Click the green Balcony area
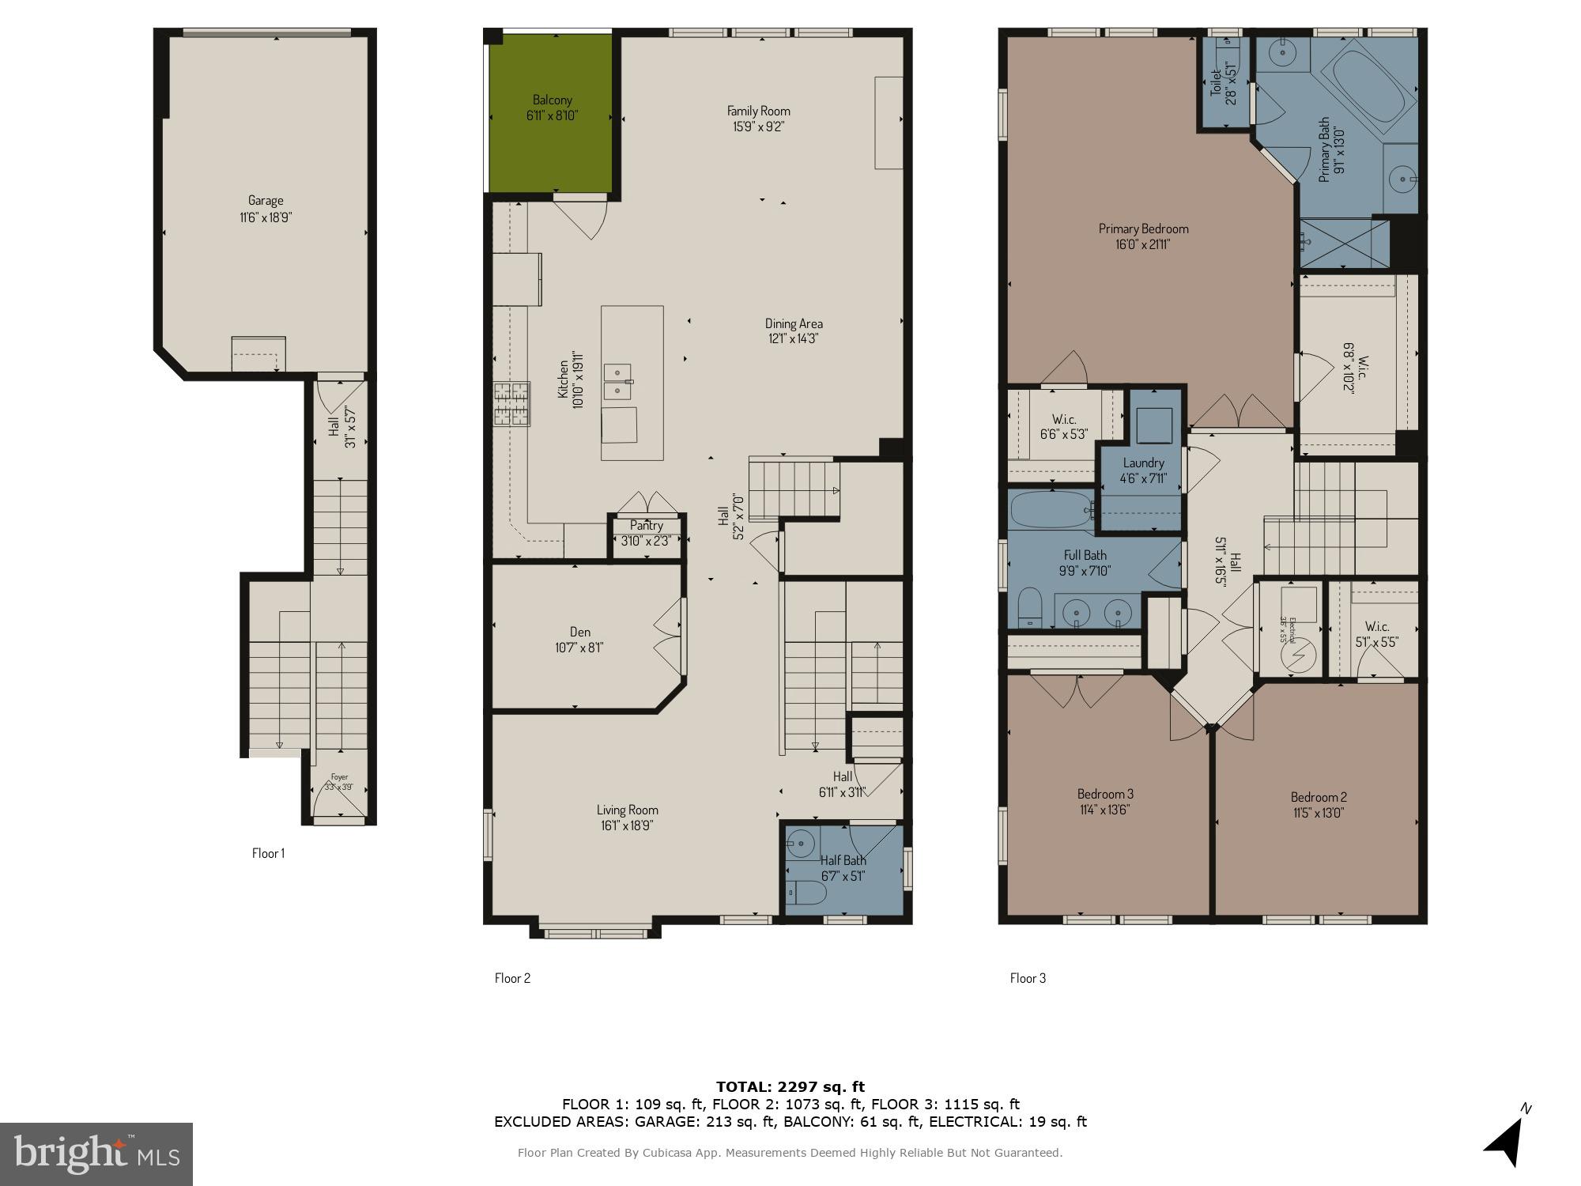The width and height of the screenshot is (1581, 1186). click(x=551, y=150)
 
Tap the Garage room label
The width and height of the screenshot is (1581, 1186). click(x=266, y=201)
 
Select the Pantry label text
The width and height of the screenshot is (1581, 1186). click(x=646, y=526)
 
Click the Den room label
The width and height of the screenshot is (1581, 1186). click(x=579, y=632)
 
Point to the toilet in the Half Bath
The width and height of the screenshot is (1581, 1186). click(x=806, y=893)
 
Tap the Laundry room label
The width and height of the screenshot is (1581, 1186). click(x=1142, y=463)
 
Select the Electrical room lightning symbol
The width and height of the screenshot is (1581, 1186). click(x=1298, y=656)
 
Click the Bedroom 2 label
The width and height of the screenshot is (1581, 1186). click(x=1318, y=797)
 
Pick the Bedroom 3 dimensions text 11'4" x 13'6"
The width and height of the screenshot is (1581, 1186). click(x=1105, y=809)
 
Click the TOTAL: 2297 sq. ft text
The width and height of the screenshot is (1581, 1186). click(x=790, y=1087)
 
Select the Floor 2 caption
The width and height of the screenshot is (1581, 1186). click(x=512, y=978)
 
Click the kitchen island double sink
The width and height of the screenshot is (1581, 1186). click(x=617, y=382)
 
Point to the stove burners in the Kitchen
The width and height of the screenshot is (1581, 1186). click(x=511, y=404)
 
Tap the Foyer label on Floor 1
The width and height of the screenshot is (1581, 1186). click(x=339, y=777)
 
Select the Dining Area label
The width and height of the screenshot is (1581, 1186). click(x=793, y=323)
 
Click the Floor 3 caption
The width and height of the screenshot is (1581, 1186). click(x=1028, y=978)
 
